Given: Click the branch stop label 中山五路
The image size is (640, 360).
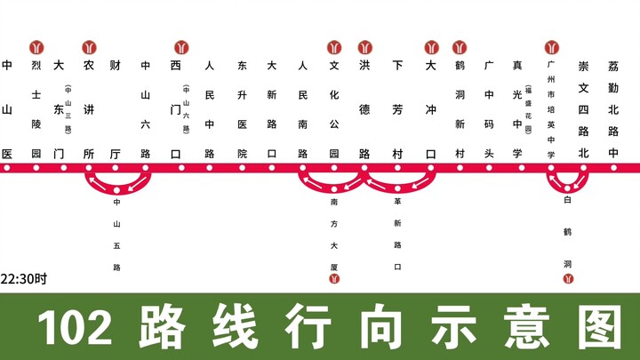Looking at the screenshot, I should click(x=116, y=235).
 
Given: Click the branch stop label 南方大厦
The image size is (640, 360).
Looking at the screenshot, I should click(x=334, y=235).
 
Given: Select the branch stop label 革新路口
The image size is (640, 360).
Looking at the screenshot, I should click(x=397, y=235).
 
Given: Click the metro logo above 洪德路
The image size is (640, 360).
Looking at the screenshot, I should click(x=364, y=47).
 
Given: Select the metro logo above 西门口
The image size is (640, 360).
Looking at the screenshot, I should click(x=180, y=47).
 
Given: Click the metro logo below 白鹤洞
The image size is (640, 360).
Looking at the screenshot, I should click(x=567, y=280).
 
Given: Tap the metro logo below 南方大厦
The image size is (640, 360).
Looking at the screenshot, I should click(x=334, y=280).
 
